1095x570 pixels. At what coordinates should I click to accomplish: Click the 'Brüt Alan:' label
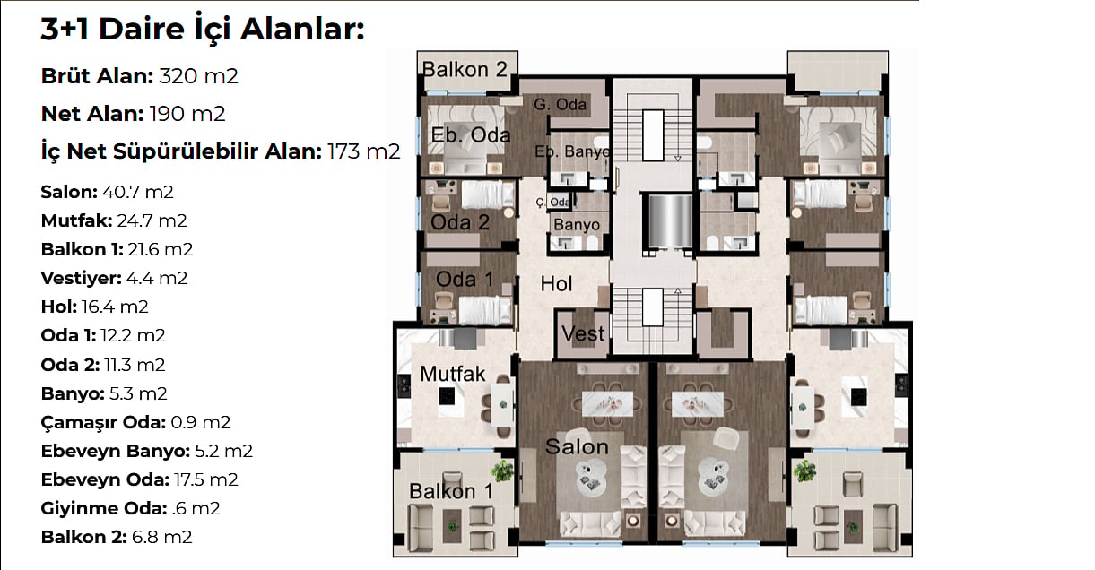(x=97, y=76)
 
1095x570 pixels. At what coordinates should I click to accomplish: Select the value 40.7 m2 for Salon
(x=138, y=192)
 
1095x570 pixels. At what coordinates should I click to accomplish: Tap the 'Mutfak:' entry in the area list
(x=77, y=220)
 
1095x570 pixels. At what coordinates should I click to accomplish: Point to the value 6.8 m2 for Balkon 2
(x=161, y=537)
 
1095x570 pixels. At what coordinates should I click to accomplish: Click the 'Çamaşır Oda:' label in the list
(x=104, y=422)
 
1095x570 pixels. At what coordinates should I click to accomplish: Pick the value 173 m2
(x=364, y=151)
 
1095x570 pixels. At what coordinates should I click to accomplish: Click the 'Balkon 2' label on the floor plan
(x=465, y=69)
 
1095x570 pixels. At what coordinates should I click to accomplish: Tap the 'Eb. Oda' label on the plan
(x=471, y=134)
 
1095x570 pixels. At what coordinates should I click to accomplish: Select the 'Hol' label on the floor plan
(x=556, y=284)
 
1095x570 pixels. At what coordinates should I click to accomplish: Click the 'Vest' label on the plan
(x=583, y=334)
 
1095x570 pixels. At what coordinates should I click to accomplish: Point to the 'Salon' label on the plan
(x=577, y=446)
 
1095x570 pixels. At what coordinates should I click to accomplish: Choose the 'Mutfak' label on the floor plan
(x=453, y=374)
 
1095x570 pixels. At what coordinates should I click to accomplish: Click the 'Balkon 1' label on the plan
(x=451, y=491)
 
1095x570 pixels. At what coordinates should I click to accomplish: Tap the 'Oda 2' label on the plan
(x=460, y=222)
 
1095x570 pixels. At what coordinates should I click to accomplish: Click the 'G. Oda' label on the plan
(x=560, y=104)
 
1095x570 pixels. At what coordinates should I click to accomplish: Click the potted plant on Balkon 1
(x=501, y=471)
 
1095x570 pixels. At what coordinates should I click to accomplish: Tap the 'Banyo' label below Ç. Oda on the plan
(x=577, y=225)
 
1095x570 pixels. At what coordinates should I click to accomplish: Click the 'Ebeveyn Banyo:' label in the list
(x=116, y=451)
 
